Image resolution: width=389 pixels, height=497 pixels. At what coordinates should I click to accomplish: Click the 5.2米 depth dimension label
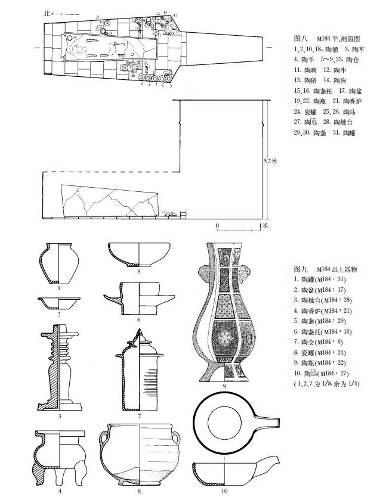click(x=270, y=161)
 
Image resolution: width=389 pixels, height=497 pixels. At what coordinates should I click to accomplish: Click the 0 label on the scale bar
click(x=217, y=226)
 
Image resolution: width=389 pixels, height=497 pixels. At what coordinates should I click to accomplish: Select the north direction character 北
click(x=48, y=12)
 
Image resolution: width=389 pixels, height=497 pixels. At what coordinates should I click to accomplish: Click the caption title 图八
click(x=300, y=36)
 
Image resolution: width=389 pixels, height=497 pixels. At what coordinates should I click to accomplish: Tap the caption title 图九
click(x=300, y=269)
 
